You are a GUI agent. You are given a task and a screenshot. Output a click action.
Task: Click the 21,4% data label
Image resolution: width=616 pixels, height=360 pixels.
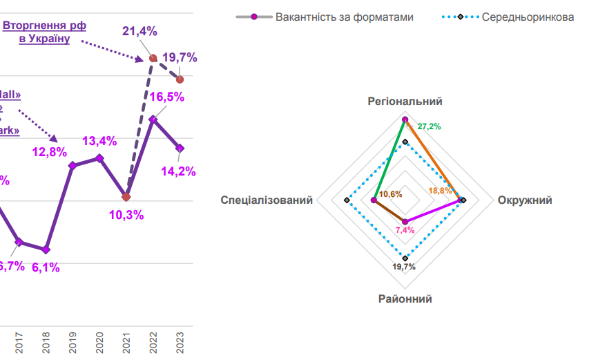coord(140,31)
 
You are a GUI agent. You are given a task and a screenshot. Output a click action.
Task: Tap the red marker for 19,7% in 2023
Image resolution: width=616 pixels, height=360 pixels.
coord(180,79)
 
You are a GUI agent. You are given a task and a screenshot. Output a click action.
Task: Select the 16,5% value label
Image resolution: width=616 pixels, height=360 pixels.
coord(167,97)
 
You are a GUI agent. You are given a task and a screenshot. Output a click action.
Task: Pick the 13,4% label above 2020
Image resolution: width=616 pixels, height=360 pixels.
coord(99,141)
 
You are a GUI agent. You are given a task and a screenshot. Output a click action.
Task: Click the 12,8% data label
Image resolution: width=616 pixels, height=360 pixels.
coord(50,151)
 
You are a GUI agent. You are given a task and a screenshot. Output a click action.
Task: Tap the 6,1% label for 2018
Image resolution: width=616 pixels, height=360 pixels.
coord(46,267)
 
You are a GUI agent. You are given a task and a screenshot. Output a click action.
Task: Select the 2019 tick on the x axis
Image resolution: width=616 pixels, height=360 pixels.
coord(73,344)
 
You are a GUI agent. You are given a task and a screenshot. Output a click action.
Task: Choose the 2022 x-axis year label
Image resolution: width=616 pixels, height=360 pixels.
coord(153,344)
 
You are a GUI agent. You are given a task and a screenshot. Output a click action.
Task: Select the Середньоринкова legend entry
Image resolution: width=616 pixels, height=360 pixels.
coord(528,17)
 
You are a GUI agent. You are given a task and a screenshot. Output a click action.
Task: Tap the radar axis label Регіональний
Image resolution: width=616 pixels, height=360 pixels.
coord(405,102)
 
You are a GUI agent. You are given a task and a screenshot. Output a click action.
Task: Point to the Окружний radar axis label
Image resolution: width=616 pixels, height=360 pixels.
coord(525,200)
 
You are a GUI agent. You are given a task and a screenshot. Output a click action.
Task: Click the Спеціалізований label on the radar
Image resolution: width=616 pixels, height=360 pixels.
coord(267,200)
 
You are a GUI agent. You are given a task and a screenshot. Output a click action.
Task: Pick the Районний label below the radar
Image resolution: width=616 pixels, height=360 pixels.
coord(405,299)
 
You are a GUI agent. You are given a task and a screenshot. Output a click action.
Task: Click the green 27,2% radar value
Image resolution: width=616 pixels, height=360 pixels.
coord(429,126)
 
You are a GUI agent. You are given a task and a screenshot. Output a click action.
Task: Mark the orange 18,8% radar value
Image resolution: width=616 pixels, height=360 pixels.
coord(440,190)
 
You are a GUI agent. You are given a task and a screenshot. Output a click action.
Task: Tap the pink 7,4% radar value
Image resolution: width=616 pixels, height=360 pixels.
coord(405,229)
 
